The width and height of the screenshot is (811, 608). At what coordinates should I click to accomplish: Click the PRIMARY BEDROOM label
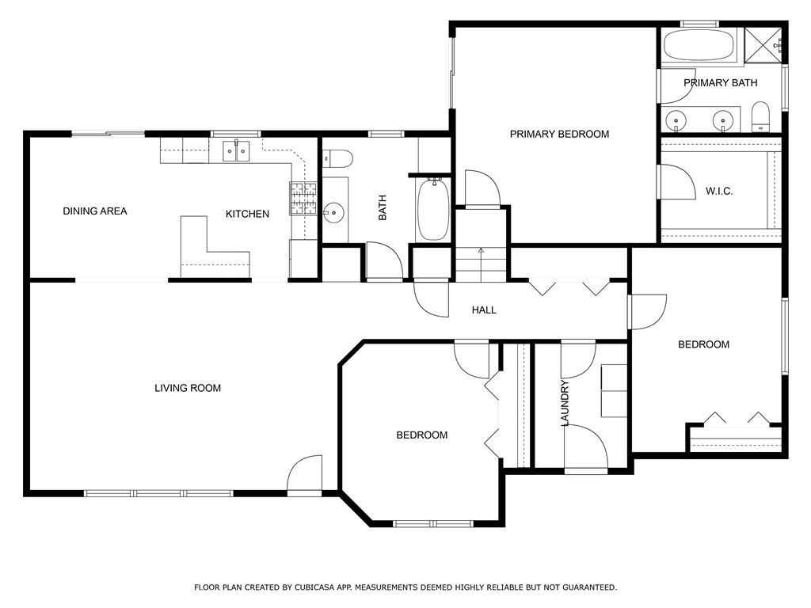[x=559, y=135]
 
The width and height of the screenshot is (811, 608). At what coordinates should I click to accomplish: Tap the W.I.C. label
[x=719, y=192]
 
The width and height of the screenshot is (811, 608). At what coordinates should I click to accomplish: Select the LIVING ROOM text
[x=188, y=388]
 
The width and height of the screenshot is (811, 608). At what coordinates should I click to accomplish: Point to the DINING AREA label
[x=95, y=211]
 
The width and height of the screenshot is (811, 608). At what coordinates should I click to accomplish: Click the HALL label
[x=484, y=310]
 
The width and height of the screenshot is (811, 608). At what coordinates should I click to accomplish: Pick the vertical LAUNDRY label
[x=565, y=403]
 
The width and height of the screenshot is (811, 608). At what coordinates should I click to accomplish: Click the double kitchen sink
[x=236, y=151]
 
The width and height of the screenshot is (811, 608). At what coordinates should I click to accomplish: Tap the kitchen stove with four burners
[x=303, y=199]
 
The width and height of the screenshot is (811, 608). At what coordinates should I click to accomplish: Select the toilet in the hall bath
[x=337, y=158]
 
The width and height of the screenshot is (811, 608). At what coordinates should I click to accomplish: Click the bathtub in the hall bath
[x=433, y=209]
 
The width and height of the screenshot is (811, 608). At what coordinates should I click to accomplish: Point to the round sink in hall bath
[x=334, y=212]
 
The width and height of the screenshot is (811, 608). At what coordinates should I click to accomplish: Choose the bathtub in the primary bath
[x=702, y=45]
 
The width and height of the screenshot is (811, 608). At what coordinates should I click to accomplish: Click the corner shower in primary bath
[x=763, y=45]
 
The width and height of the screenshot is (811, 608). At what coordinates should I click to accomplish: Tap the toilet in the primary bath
[x=760, y=116]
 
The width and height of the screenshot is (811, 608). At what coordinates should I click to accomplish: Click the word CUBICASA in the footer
[x=314, y=587]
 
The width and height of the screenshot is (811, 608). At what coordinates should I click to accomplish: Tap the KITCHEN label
[x=247, y=214]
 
